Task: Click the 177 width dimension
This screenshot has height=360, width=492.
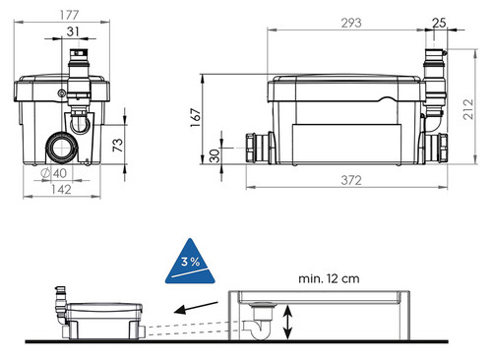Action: click(x=69, y=15)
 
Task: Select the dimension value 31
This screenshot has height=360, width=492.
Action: click(x=73, y=31)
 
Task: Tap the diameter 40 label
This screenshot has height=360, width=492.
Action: click(x=54, y=173)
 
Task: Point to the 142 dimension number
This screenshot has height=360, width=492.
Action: click(x=61, y=190)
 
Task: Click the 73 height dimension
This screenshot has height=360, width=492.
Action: click(x=118, y=145)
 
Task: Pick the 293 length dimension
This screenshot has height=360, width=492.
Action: click(x=351, y=23)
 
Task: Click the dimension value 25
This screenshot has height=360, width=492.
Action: click(x=439, y=23)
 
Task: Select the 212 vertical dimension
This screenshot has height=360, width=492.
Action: click(x=468, y=109)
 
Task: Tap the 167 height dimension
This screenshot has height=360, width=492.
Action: click(x=195, y=118)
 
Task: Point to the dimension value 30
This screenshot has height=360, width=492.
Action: click(x=215, y=155)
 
